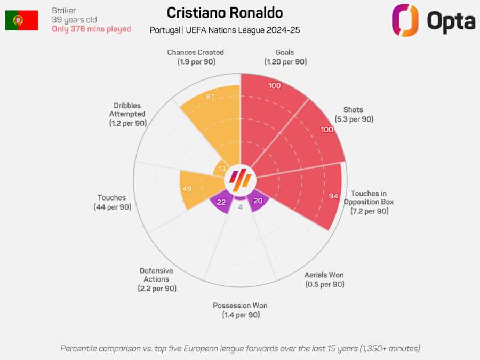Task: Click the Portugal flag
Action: (x=22, y=20)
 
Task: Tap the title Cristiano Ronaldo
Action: (x=225, y=13)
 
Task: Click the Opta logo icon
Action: (x=405, y=20)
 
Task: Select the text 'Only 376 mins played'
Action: (x=91, y=29)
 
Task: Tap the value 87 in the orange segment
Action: (x=210, y=97)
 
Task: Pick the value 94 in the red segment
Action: (x=333, y=196)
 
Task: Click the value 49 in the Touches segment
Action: (x=187, y=189)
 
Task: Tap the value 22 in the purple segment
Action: (x=221, y=202)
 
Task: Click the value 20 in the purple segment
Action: (x=258, y=201)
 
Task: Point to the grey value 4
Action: (x=240, y=207)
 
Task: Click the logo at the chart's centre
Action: (x=240, y=180)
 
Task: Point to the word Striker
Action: (x=64, y=11)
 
